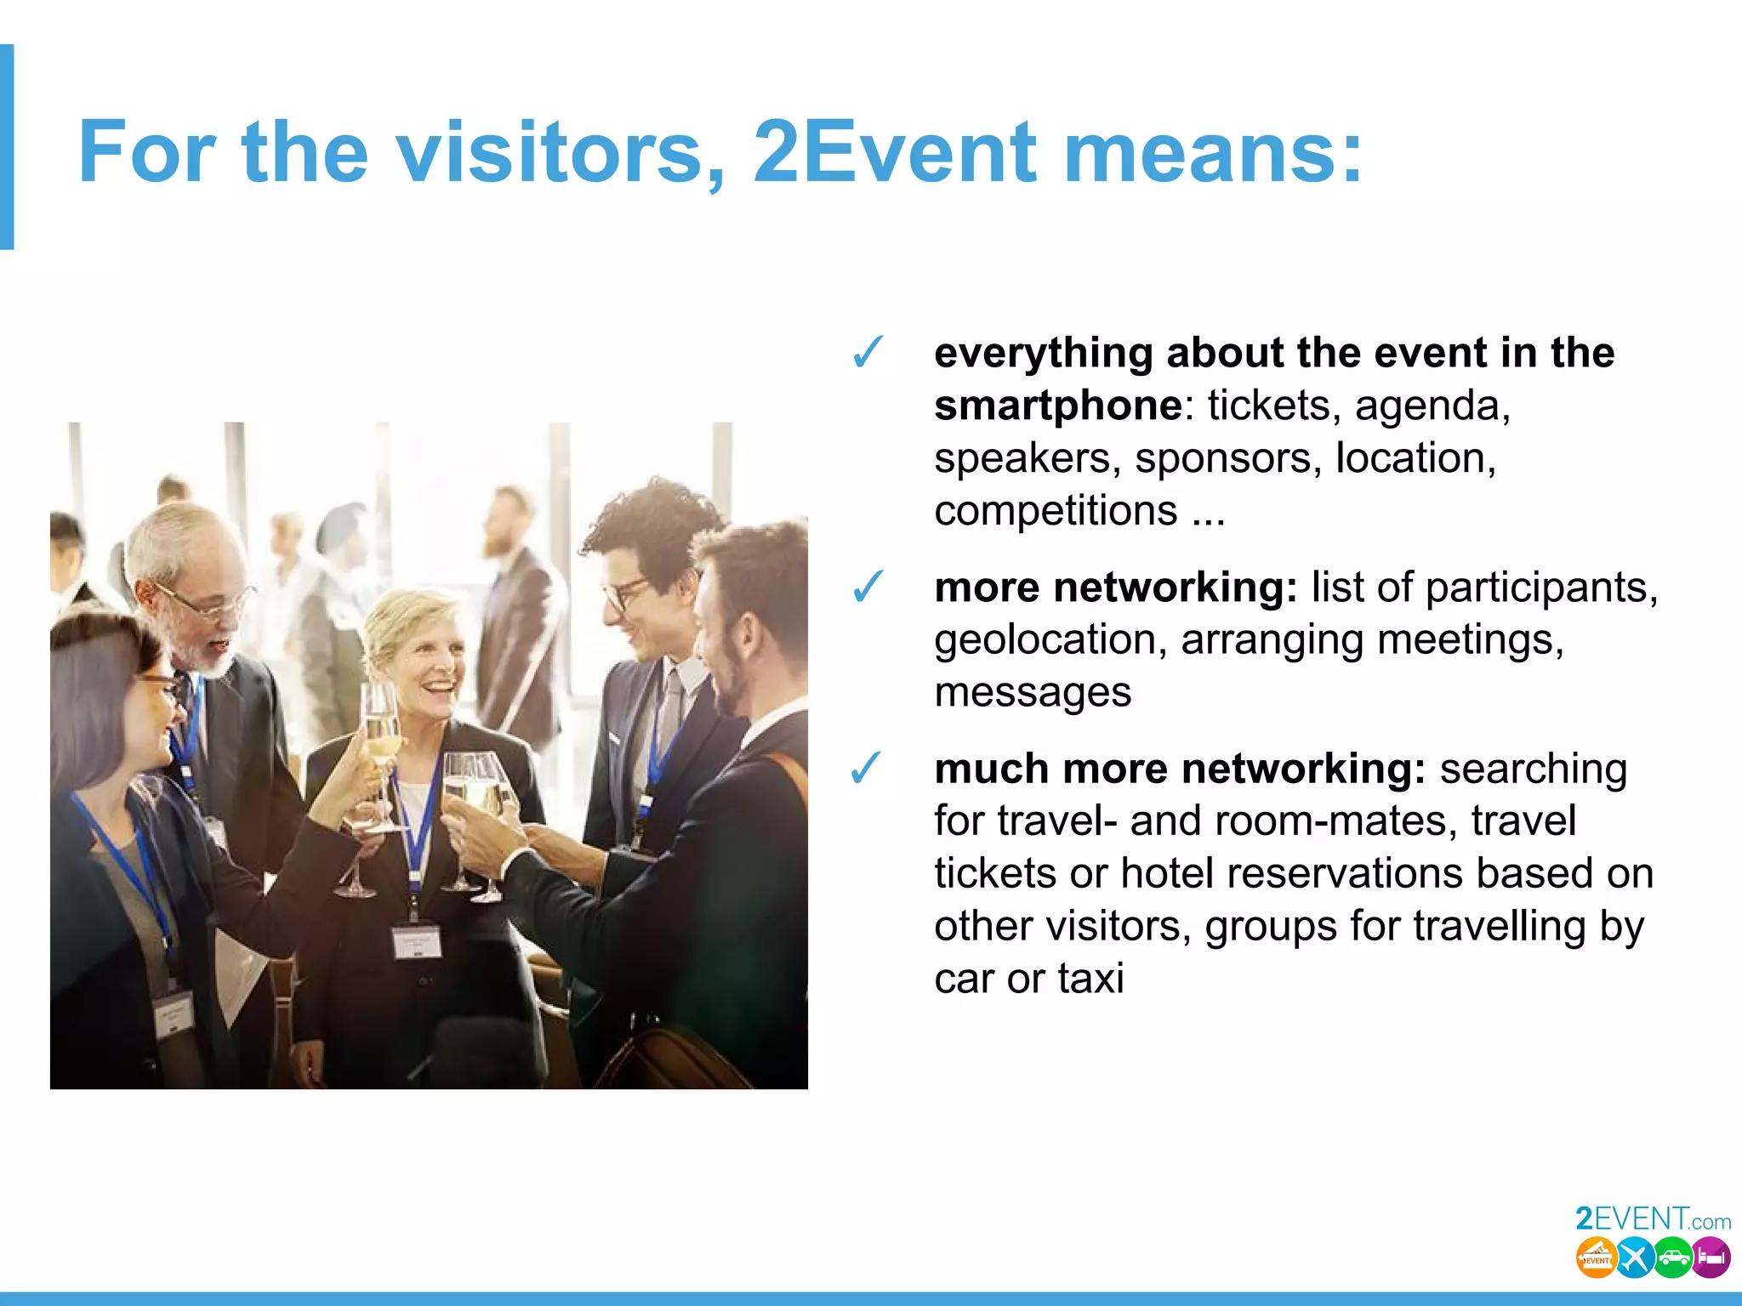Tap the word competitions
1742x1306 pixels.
(1056, 511)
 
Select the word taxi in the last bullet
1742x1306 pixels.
(1091, 979)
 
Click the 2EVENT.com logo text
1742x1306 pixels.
(1653, 1219)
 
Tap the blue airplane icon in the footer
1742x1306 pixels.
(1634, 1258)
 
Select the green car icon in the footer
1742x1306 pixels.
(1673, 1258)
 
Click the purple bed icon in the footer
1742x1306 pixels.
(1711, 1258)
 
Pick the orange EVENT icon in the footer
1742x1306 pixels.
(1596, 1258)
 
